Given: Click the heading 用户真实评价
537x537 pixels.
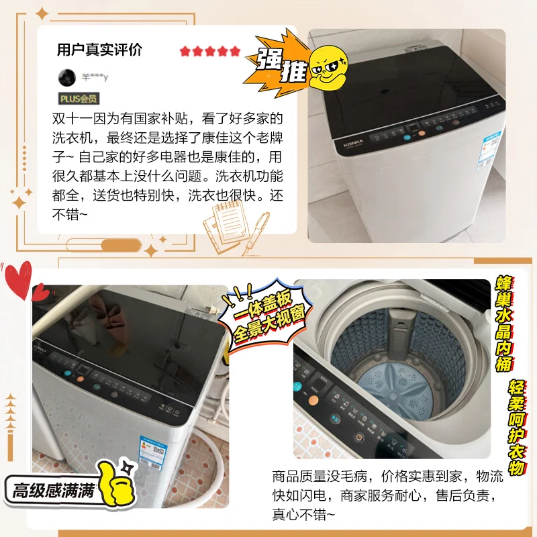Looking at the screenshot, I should tap(99, 51).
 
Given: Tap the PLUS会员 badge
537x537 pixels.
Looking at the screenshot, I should tap(79, 99).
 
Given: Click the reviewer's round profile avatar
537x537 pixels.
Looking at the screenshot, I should tap(67, 77).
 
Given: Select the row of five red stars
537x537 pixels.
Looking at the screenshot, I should tap(209, 51).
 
